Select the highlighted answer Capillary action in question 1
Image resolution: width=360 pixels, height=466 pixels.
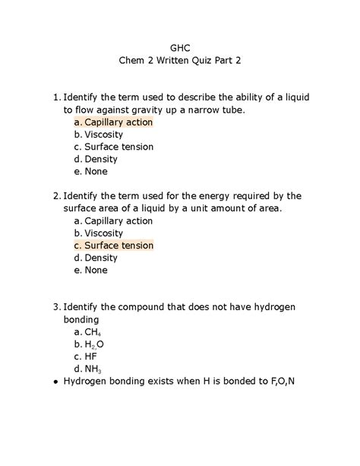point(118,122)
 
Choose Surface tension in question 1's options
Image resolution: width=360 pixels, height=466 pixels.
point(118,147)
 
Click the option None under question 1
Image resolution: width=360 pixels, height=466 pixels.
point(96,171)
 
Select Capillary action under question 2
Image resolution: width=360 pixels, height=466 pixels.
point(118,220)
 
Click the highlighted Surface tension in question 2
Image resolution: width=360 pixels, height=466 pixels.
point(118,246)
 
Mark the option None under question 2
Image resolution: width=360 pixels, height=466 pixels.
point(96,270)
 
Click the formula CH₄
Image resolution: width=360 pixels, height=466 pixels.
point(93,332)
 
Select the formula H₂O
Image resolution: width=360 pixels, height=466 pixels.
point(94,344)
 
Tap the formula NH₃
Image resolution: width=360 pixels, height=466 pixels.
point(93,369)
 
